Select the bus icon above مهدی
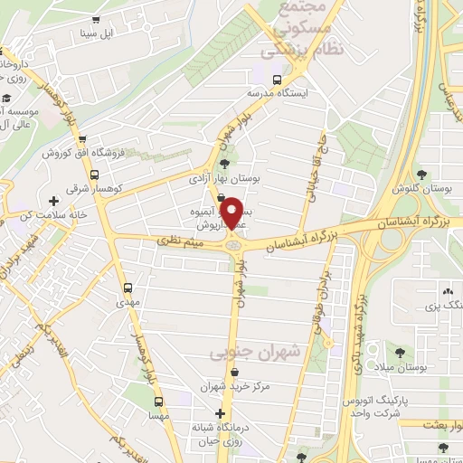coord(128,289)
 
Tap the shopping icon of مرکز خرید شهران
coord(235,373)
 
